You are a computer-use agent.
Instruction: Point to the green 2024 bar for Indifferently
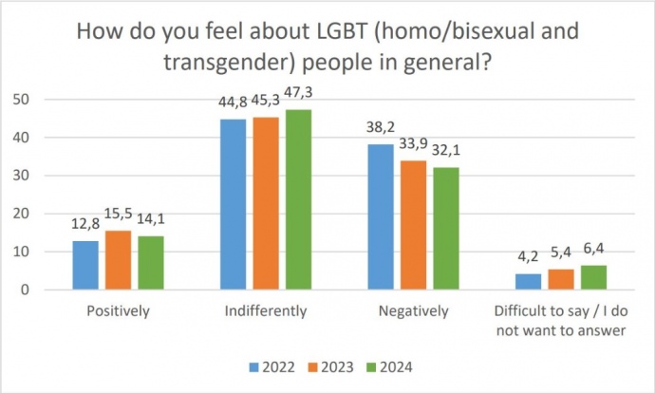coord(299,199)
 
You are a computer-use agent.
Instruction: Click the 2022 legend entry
coord(271,366)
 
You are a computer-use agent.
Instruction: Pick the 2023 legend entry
coord(329,366)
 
